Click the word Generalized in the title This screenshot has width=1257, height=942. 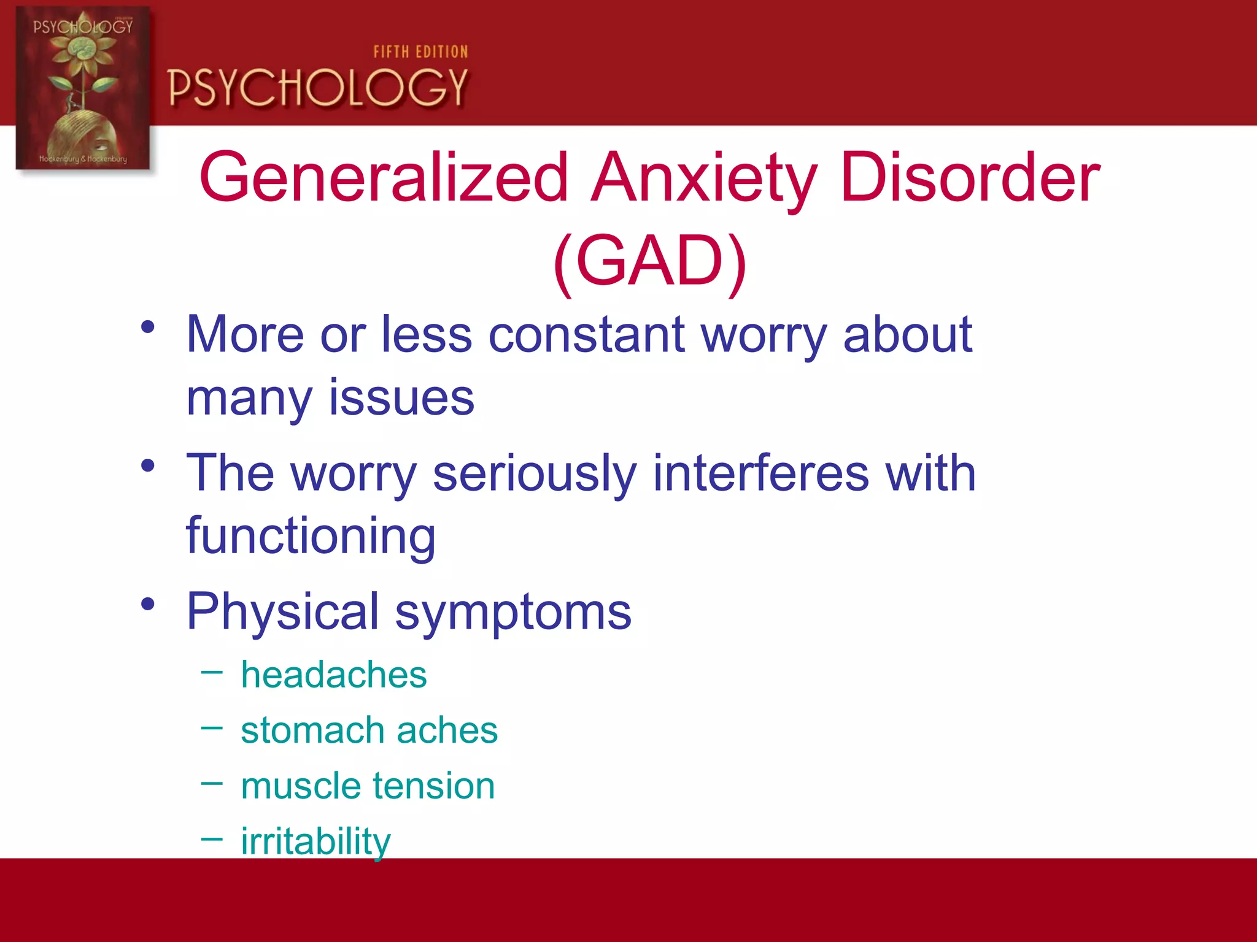pyautogui.click(x=384, y=178)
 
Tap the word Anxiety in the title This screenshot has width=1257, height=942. pyautogui.click(x=704, y=178)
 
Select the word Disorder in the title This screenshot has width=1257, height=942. pyautogui.click(x=970, y=178)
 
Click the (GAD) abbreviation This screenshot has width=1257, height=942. pyautogui.click(x=649, y=261)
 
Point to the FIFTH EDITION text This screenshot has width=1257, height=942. pyautogui.click(x=420, y=52)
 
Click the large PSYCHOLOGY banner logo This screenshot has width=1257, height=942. pyautogui.click(x=318, y=88)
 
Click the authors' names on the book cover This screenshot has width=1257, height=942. pyautogui.click(x=83, y=159)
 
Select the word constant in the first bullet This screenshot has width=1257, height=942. pyautogui.click(x=586, y=335)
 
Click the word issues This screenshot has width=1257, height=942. pyautogui.click(x=401, y=398)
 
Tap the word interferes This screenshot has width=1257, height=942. pyautogui.click(x=760, y=473)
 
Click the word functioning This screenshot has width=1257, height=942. pyautogui.click(x=311, y=536)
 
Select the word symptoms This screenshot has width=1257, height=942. pyautogui.click(x=513, y=612)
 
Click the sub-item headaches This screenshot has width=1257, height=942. pyautogui.click(x=333, y=675)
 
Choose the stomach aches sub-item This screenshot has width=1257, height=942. pyautogui.click(x=369, y=730)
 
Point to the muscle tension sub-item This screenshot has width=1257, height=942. pyautogui.click(x=368, y=786)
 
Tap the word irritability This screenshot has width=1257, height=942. pyautogui.click(x=315, y=841)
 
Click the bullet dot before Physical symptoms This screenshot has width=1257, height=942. pyautogui.click(x=147, y=605)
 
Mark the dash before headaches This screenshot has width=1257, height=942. pyautogui.click(x=212, y=673)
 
